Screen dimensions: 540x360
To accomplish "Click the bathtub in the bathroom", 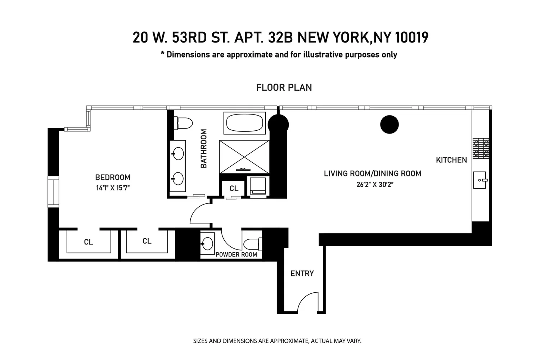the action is (x=244, y=123).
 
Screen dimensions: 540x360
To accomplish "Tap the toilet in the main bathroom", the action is (x=183, y=123).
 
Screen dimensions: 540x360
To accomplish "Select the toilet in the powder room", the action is (x=253, y=244).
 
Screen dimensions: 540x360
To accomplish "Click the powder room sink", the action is (x=207, y=243).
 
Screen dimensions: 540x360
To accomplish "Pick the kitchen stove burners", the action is (x=481, y=148).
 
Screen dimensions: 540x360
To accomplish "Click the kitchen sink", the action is (x=480, y=180).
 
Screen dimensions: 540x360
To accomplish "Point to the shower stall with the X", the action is (x=244, y=157).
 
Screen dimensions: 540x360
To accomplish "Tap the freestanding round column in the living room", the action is (x=389, y=125).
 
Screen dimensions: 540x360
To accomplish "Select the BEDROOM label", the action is (x=113, y=177).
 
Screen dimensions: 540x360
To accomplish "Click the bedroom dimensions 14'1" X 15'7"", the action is (x=113, y=188).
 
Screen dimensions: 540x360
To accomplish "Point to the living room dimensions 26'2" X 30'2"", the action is (x=375, y=184).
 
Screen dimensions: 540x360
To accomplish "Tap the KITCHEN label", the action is (x=451, y=160).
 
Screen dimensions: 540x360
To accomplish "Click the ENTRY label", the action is (x=302, y=274).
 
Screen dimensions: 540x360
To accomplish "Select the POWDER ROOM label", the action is (x=236, y=255).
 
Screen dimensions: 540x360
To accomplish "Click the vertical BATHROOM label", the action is (x=204, y=148).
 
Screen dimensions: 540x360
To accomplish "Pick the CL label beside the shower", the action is (x=234, y=188).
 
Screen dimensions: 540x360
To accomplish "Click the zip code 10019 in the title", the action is (x=412, y=37).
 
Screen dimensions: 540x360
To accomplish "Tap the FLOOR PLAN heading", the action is (x=284, y=87).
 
